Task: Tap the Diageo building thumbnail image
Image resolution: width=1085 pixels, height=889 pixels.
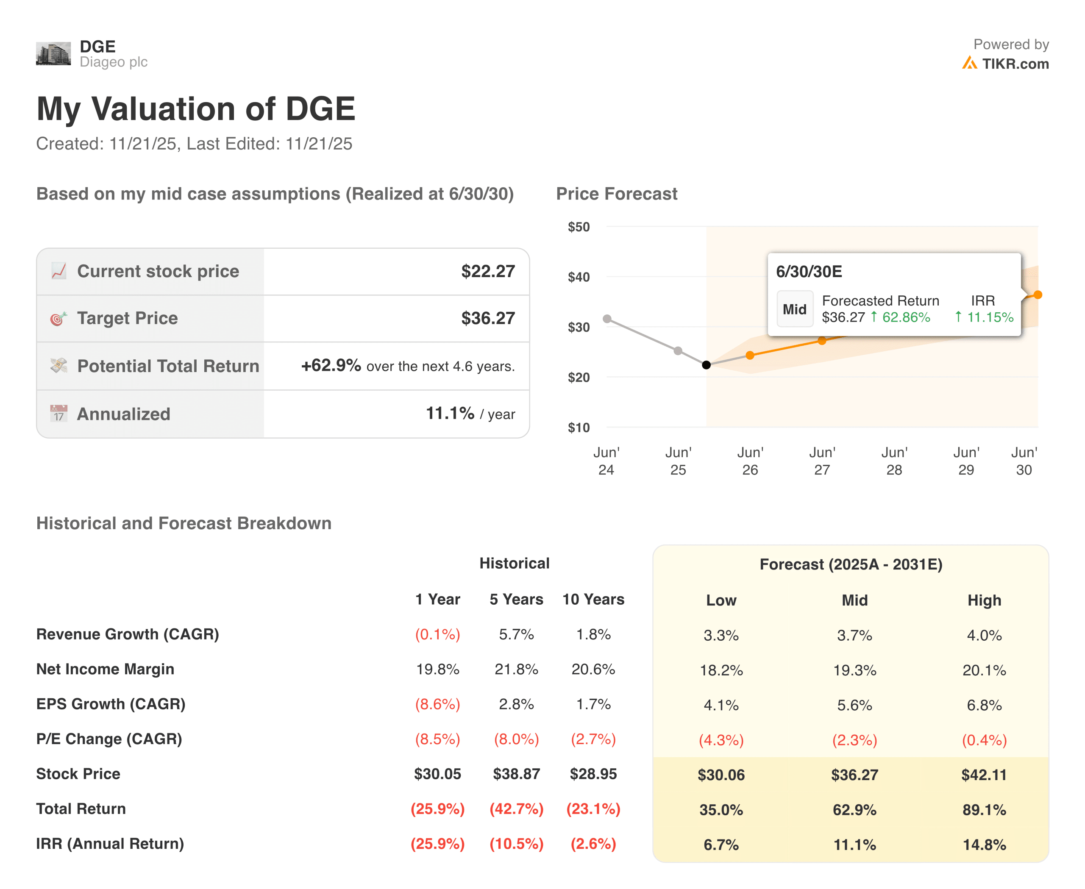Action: click(53, 54)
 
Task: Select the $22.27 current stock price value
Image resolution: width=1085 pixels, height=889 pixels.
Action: click(488, 272)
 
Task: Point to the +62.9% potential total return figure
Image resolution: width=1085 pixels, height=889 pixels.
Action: click(331, 366)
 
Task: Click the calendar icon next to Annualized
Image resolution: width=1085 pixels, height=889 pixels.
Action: click(59, 413)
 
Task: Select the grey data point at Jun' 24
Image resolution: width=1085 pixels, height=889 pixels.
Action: click(607, 319)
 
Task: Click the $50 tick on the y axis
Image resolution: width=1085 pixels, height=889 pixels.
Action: click(579, 227)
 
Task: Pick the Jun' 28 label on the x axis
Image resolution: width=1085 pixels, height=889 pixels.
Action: click(894, 461)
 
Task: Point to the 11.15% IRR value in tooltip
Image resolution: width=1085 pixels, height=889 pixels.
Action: click(990, 317)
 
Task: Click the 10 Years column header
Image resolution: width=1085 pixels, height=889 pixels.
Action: click(593, 599)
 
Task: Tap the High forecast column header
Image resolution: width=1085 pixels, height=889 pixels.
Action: click(984, 600)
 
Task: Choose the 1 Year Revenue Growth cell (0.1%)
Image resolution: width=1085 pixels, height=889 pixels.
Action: click(437, 634)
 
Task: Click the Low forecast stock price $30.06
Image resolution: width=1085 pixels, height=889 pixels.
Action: click(721, 775)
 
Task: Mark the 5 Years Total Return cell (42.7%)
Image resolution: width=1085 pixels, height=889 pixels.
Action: click(516, 809)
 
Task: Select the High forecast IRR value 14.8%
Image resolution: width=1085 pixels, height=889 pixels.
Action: click(984, 845)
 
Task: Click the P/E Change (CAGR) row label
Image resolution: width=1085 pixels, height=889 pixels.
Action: click(109, 739)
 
